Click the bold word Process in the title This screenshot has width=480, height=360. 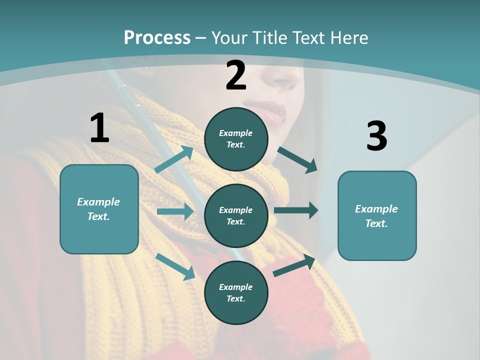pyautogui.click(x=157, y=37)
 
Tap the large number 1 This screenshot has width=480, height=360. pyautogui.click(x=99, y=128)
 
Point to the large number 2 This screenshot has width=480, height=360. pyautogui.click(x=236, y=75)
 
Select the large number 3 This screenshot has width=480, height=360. pyautogui.click(x=376, y=136)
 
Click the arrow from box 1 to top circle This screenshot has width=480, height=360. pyautogui.click(x=174, y=159)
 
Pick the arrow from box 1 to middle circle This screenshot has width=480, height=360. pyautogui.click(x=175, y=211)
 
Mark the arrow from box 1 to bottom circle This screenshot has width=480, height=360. pyautogui.click(x=175, y=266)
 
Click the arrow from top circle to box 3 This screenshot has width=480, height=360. pyautogui.click(x=297, y=159)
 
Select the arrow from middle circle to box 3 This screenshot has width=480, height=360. pyautogui.click(x=296, y=210)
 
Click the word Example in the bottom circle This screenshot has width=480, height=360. pyautogui.click(x=236, y=287)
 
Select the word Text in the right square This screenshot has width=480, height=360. pyautogui.click(x=376, y=223)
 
